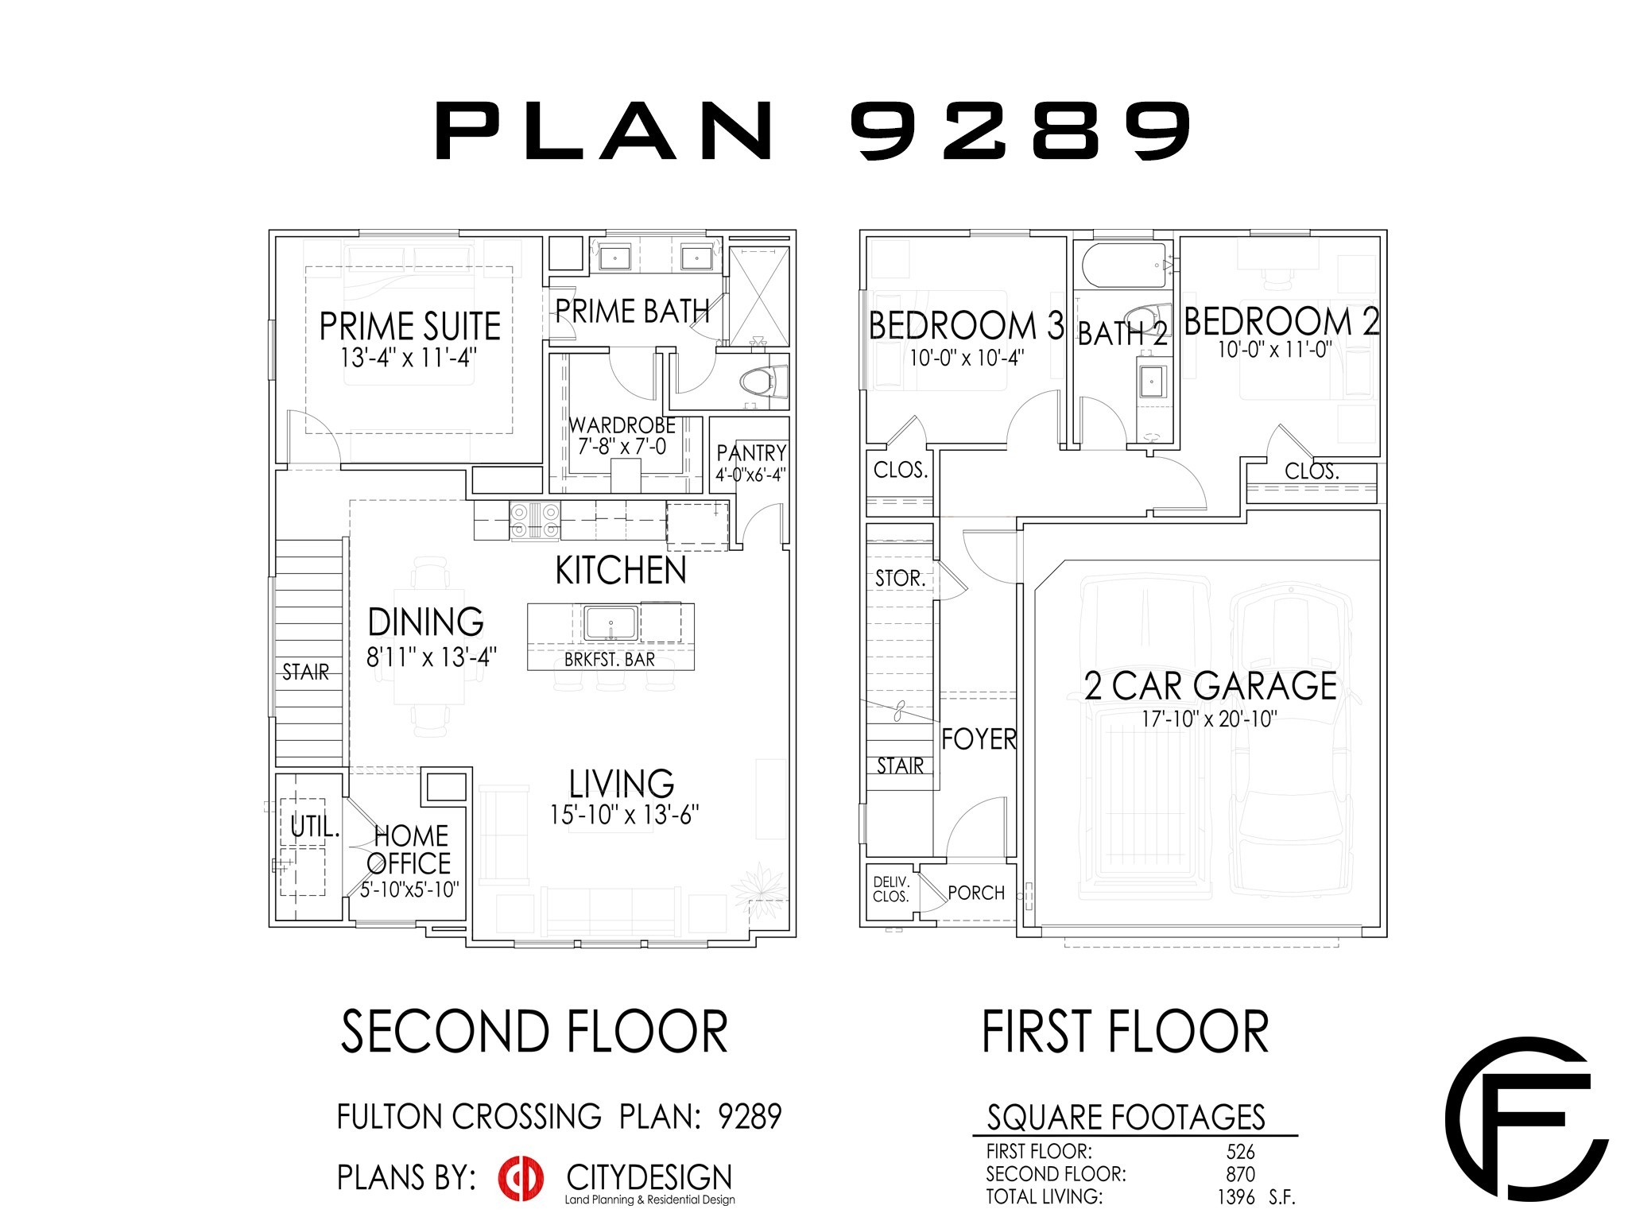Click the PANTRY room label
tap(750, 453)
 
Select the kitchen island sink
tap(610, 623)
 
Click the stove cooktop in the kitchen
tap(534, 521)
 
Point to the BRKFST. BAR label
tap(609, 660)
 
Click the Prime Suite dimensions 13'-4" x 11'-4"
tap(408, 358)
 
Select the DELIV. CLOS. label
tap(890, 890)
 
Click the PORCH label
tap(976, 893)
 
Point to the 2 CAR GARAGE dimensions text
tap(1209, 719)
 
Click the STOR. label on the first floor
tap(900, 579)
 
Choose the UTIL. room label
tap(314, 827)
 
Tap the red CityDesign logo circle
tap(521, 1178)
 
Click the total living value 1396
tap(1235, 1197)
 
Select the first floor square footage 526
tap(1240, 1152)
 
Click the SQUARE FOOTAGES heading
tap(1126, 1118)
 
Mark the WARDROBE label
tap(622, 426)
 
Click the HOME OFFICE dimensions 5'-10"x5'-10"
tap(409, 890)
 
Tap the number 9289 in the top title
tap(1021, 130)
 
